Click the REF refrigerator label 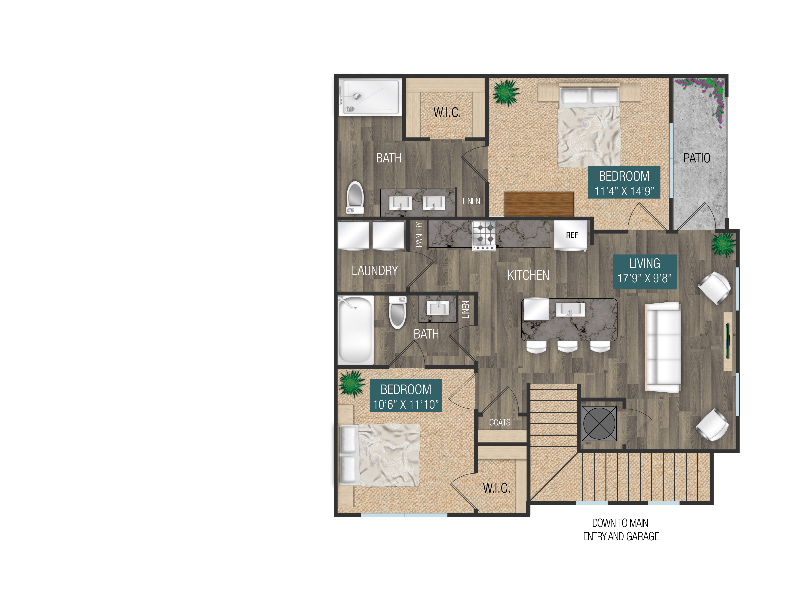click(572, 235)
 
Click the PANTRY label click(419, 234)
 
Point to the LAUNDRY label click(375, 271)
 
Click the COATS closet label click(500, 422)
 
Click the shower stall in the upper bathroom click(370, 97)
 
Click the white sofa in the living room click(663, 347)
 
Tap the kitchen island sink click(570, 309)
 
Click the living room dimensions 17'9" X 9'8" click(644, 278)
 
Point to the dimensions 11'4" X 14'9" click(624, 191)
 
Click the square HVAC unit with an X click(599, 423)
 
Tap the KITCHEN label click(528, 275)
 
